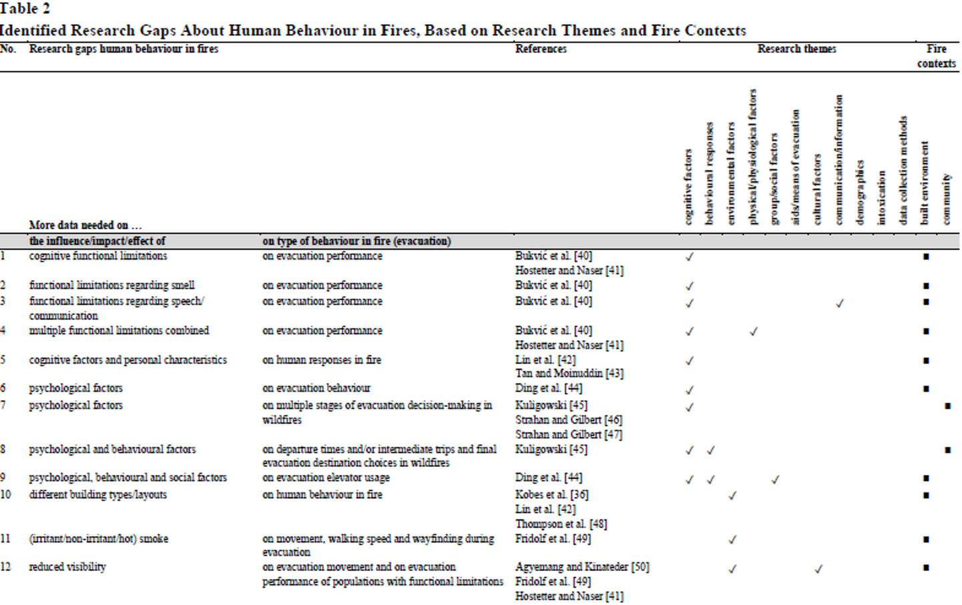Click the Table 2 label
[25, 9]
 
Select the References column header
[541, 49]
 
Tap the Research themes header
[796, 49]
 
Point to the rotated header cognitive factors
[688, 186]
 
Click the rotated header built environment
[925, 181]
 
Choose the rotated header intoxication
[881, 197]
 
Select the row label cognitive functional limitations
[98, 256]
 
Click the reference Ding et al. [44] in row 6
[549, 388]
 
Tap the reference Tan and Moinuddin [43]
[569, 374]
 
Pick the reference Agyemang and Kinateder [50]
[582, 567]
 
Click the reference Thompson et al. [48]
[561, 524]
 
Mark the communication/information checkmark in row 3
[840, 304]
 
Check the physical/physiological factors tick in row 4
[754, 332]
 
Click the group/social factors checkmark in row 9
[775, 480]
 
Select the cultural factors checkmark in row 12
[818, 569]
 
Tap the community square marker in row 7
[947, 406]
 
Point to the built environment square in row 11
[926, 540]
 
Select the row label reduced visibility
[67, 567]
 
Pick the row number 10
[6, 495]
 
